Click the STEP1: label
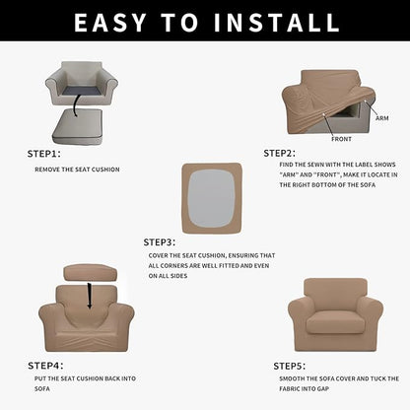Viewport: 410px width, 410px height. pos(43,154)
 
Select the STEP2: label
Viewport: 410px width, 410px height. pos(280,154)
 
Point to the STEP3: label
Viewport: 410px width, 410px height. pos(160,241)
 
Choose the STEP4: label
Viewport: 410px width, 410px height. pos(43,366)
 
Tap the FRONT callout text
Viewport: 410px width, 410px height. pos(341,139)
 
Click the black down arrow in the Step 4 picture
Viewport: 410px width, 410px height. pos(90,293)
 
